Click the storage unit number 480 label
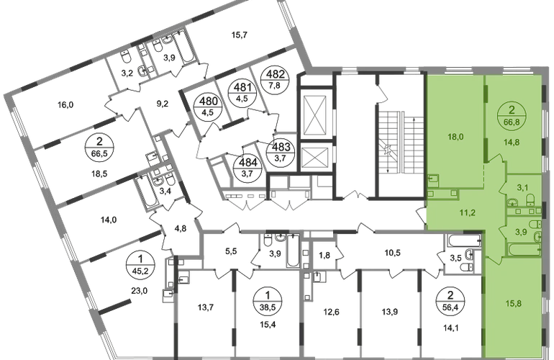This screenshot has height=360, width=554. point(209,102)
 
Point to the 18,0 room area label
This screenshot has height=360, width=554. point(455,137)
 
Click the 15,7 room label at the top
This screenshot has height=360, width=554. point(239,35)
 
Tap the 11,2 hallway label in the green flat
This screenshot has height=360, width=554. point(468,212)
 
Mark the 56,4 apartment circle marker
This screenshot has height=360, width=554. point(450,301)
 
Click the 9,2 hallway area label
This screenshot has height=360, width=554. point(162,104)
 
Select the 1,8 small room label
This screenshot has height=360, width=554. point(324,255)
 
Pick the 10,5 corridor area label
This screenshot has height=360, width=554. point(393,253)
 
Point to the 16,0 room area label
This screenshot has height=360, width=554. point(65,104)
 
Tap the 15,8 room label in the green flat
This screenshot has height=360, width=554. point(514,304)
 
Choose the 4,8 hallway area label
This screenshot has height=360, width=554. point(181,229)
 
